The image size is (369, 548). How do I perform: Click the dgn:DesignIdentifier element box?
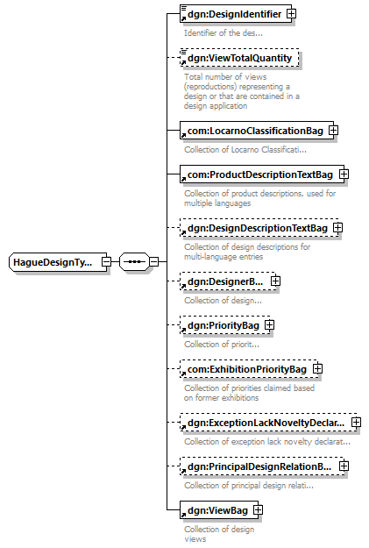click(236, 14)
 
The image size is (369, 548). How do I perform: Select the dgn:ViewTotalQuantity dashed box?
click(239, 58)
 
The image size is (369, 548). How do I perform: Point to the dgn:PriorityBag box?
click(225, 325)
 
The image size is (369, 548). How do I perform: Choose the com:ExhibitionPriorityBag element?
click(249, 369)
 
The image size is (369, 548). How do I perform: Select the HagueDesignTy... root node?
click(58, 262)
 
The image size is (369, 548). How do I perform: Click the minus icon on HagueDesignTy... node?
click(107, 262)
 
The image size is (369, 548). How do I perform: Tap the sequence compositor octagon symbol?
click(134, 262)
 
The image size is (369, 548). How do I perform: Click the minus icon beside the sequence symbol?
click(153, 262)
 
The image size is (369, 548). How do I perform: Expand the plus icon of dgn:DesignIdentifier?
click(291, 14)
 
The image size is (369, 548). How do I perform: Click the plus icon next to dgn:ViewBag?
click(258, 510)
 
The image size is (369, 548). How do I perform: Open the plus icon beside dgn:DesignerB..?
click(276, 281)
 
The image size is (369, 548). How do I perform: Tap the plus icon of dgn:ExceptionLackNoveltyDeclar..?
click(356, 423)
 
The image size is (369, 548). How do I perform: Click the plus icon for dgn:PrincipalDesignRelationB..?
click(344, 466)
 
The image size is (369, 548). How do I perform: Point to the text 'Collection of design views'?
click(219, 534)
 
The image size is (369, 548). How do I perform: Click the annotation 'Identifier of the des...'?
click(224, 33)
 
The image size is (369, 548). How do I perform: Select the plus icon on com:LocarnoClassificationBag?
click(334, 131)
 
